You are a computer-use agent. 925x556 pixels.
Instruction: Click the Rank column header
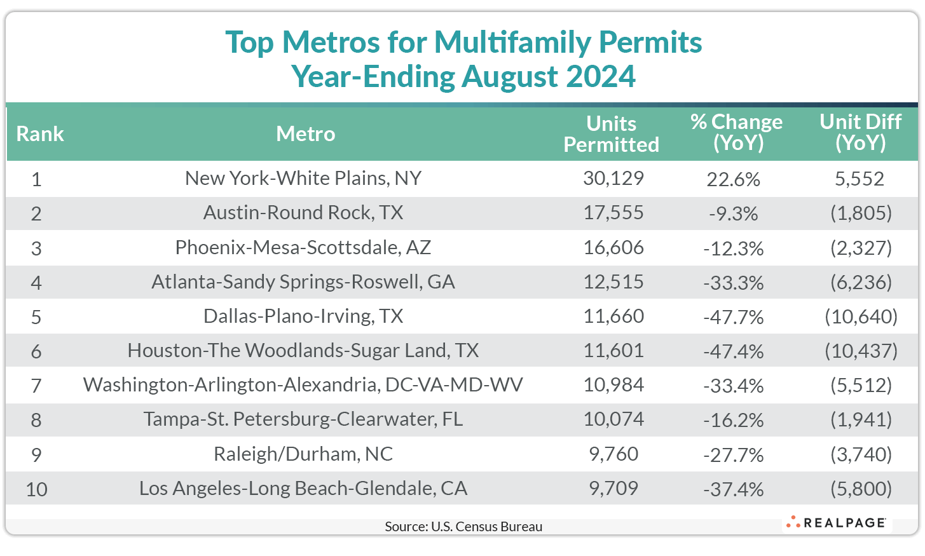coord(40,134)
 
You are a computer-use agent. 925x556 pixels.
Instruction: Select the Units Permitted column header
coord(611,134)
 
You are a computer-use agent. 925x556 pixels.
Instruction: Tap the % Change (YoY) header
coord(736,132)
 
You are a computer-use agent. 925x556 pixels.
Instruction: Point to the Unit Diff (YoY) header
coord(860,132)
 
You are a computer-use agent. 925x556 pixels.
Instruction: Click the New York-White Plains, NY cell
coord(303,179)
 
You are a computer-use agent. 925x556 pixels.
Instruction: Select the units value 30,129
coord(613,179)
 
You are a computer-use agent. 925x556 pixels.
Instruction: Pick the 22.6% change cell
coord(733,180)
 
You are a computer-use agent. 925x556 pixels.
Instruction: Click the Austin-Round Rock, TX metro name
coord(303,213)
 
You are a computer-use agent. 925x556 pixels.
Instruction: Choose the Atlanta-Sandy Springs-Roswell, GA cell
coord(303,282)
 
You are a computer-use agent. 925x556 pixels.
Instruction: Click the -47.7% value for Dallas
coord(733,317)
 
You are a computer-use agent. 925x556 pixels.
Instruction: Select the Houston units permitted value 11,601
coord(613,351)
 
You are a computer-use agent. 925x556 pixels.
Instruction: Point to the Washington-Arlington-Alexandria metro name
coord(303,385)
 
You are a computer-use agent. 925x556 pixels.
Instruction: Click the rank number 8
coord(36,420)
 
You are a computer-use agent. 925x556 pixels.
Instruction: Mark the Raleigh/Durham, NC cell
coord(303,454)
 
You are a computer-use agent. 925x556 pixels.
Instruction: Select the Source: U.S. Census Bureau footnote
coord(463,527)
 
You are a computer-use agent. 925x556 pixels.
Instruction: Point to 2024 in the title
coord(601,77)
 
